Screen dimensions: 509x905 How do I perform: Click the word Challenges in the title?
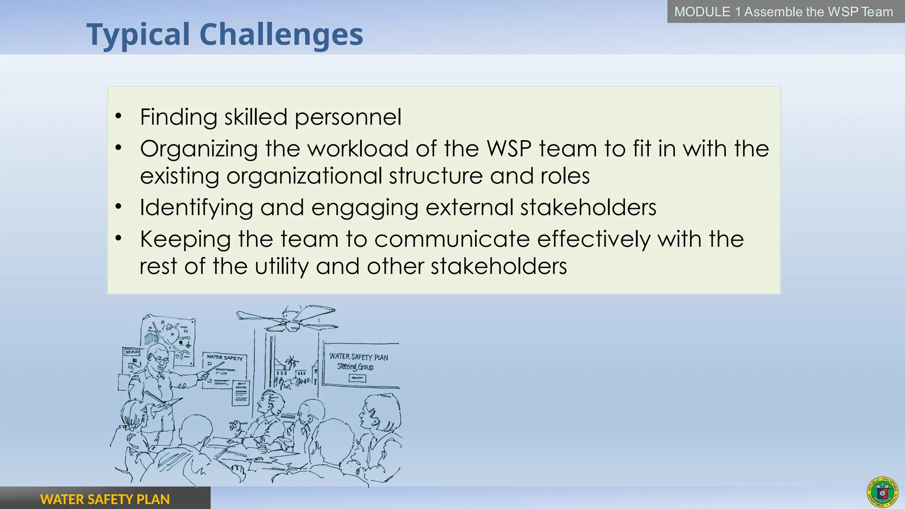coord(281,34)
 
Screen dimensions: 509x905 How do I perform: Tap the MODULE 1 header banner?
coord(783,11)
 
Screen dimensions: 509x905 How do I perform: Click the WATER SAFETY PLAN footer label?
coord(105,499)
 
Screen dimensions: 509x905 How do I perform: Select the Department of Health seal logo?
coord(882,492)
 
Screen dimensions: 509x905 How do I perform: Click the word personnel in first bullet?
coord(348,117)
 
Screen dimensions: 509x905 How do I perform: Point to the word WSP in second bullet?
coord(509,148)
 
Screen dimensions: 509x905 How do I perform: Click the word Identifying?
coord(196,208)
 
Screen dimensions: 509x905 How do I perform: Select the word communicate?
coord(452,239)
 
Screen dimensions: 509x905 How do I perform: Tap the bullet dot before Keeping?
coord(118,239)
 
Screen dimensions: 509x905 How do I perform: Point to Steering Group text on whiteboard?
coord(355,367)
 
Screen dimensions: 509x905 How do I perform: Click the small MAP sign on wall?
coord(132,352)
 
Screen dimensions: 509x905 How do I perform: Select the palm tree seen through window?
coord(291,364)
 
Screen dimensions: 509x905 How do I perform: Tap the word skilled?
coord(255,117)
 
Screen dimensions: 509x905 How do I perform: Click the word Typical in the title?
coord(138,34)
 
